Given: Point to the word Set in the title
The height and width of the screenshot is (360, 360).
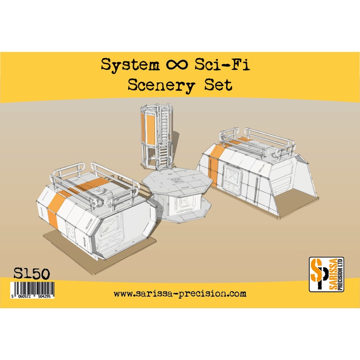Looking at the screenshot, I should click(x=218, y=85).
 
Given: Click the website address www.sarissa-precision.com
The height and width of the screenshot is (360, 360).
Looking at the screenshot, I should click(x=180, y=294).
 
